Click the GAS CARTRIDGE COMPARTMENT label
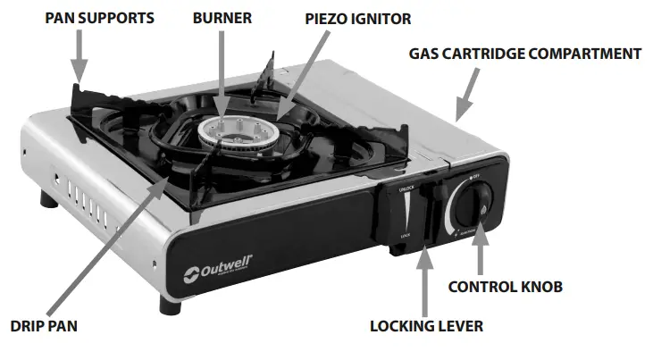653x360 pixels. pyautogui.click(x=525, y=54)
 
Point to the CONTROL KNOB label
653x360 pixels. pyautogui.click(x=505, y=287)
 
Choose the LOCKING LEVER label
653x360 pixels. pyautogui.click(x=426, y=326)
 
